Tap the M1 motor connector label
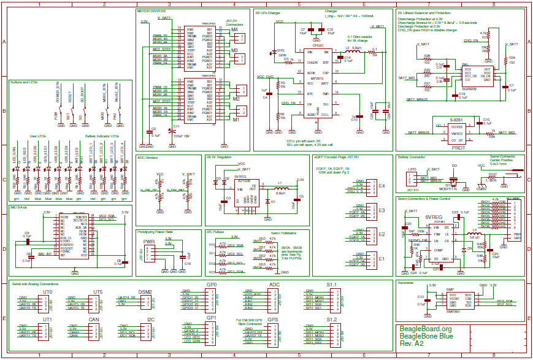point(236,120)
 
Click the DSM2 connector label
point(145,292)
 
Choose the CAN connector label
point(94,320)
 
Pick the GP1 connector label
point(211,318)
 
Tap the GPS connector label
point(273,320)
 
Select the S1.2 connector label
point(332,320)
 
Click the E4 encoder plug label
point(382,185)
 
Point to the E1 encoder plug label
point(382,259)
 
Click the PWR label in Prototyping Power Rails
point(149,242)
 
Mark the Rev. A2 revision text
point(413,345)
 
